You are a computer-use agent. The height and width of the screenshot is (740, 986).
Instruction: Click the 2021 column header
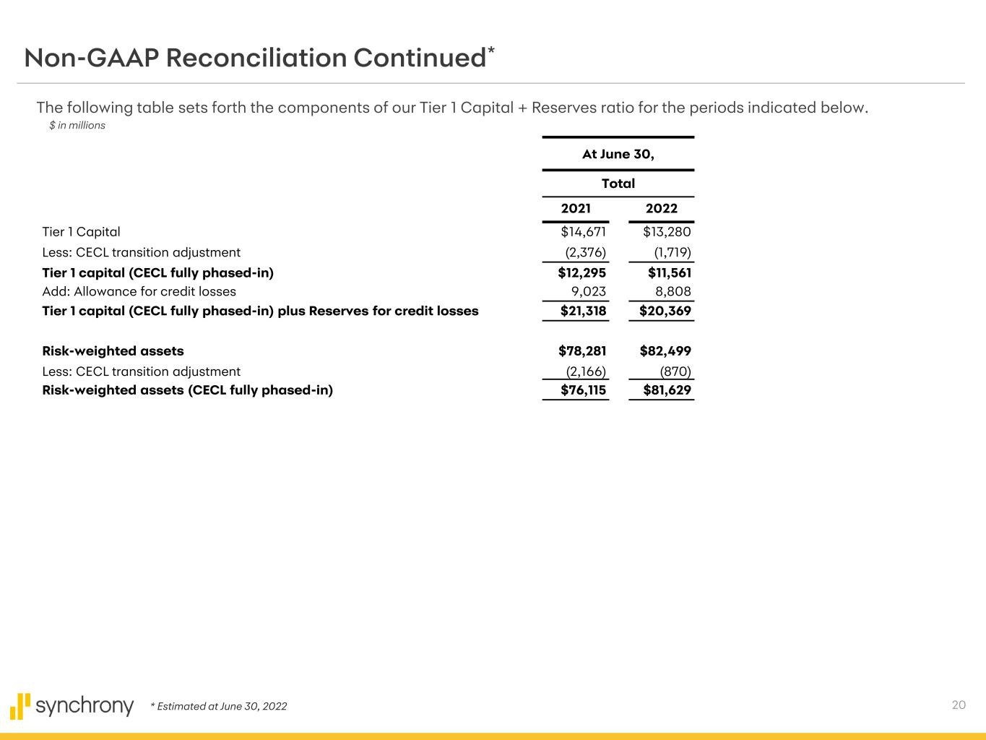click(576, 209)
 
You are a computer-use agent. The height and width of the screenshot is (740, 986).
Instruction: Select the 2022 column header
click(661, 209)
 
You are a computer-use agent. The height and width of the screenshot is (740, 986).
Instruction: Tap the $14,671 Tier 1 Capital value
click(583, 232)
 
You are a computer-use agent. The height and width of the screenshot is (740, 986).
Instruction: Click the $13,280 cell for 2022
click(667, 232)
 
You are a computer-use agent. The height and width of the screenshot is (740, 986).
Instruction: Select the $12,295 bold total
click(581, 273)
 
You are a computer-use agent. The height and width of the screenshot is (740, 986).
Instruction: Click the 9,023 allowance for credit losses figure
click(588, 292)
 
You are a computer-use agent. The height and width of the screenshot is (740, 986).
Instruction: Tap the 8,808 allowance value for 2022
click(673, 292)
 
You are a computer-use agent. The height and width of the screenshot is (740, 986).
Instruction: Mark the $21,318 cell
click(583, 311)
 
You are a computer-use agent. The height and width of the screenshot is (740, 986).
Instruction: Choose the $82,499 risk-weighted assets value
click(665, 351)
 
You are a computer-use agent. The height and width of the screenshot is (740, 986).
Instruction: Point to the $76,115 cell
click(583, 391)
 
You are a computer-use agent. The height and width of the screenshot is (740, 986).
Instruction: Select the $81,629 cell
click(667, 391)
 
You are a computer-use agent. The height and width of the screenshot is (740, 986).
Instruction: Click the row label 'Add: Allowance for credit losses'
click(139, 292)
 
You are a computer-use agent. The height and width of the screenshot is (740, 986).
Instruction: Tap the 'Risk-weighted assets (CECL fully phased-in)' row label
click(187, 391)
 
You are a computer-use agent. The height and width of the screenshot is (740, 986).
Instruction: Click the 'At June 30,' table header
click(618, 155)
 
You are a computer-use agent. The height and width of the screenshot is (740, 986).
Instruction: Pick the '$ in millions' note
click(77, 126)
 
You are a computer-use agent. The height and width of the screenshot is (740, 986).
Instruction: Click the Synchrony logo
click(72, 705)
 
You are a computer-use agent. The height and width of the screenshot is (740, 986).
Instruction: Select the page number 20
click(959, 705)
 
